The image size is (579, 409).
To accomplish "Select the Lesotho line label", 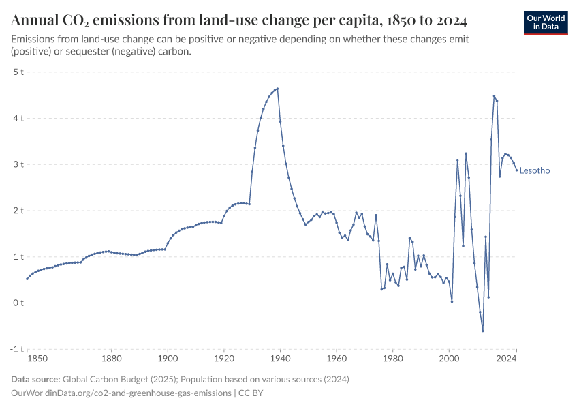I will [535, 171].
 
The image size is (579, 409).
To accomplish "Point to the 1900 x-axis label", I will [168, 358].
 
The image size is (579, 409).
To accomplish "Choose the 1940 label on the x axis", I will [280, 358].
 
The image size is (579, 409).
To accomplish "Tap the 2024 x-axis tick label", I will [516, 358].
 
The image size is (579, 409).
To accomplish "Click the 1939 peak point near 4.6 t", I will [278, 89].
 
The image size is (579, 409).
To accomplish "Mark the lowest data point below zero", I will [483, 331].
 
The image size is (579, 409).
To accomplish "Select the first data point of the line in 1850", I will [27, 279].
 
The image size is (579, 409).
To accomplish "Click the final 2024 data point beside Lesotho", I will [516, 170].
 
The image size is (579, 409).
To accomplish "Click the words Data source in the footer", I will [35, 379].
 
